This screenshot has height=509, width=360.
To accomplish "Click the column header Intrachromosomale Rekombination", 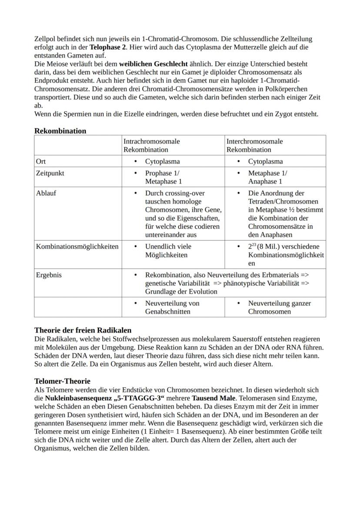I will click(152, 146).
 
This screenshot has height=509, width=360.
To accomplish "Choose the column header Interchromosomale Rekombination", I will click(254, 146).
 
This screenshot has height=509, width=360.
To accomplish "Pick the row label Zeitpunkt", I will click(50, 173).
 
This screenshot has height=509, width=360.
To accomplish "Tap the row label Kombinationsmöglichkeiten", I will click(77, 246).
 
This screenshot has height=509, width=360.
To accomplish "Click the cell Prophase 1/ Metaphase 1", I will click(164, 177).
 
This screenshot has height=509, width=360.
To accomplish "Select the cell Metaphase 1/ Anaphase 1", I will click(267, 177).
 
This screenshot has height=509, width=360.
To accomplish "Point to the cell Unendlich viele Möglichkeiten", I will click(168, 251).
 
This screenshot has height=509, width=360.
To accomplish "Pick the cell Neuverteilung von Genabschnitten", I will click(172, 307).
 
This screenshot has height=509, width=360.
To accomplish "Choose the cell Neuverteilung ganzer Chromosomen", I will click(279, 307).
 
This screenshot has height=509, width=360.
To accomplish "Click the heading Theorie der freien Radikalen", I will click(83, 330).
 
